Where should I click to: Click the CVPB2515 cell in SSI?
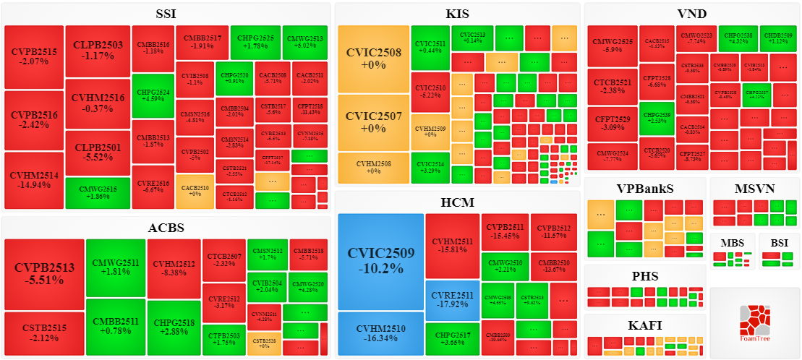pyautogui.click(x=34, y=56)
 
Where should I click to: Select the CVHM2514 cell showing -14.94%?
pyautogui.click(x=34, y=180)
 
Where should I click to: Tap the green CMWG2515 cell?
pyautogui.click(x=97, y=192)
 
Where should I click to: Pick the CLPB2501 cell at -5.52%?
pyautogui.click(x=98, y=153)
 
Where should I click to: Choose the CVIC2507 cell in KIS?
pyautogui.click(x=373, y=123)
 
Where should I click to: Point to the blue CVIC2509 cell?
pyautogui.click(x=380, y=260)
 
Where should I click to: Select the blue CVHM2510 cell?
pyautogui.click(x=380, y=333)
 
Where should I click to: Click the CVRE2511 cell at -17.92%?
pyautogui.click(x=452, y=299)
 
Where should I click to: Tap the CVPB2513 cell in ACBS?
pyautogui.click(x=44, y=273)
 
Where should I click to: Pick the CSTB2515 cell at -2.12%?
pyautogui.click(x=44, y=333)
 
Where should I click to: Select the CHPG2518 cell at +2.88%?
pyautogui.click(x=174, y=326)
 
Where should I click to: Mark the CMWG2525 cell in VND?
pyautogui.click(x=612, y=45)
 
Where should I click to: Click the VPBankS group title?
pyautogui.click(x=644, y=189)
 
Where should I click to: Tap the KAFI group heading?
pyautogui.click(x=644, y=325)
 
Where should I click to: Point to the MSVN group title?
pyautogui.click(x=754, y=189)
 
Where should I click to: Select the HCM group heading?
pyautogui.click(x=457, y=202)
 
